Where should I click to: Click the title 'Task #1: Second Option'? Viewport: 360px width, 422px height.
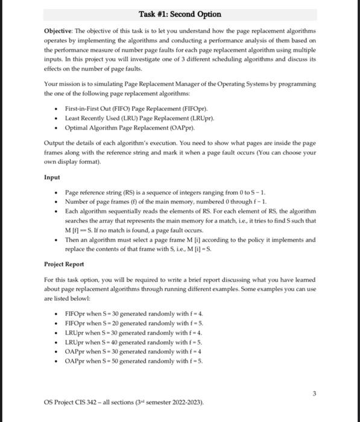tap(180, 14)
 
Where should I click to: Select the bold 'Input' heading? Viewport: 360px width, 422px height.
tap(53, 177)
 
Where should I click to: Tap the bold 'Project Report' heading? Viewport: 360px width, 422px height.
tap(65, 265)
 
